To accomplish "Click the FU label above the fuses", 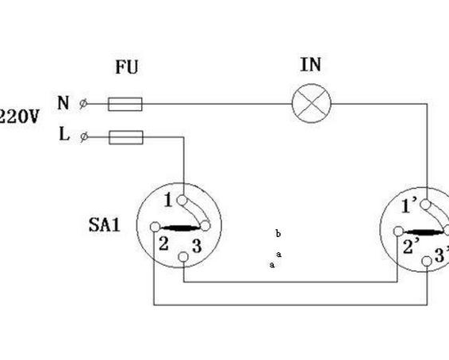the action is pyautogui.click(x=127, y=67).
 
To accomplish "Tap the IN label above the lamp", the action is pyautogui.click(x=311, y=65).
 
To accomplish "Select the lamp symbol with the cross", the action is pyautogui.click(x=312, y=103).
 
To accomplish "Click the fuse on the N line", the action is pyautogui.click(x=125, y=104).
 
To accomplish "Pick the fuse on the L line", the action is pyautogui.click(x=126, y=137).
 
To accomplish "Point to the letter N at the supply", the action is pyautogui.click(x=63, y=103).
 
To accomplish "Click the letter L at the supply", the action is pyautogui.click(x=64, y=134).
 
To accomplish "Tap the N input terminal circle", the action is pyautogui.click(x=83, y=104).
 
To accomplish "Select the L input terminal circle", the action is pyautogui.click(x=84, y=137).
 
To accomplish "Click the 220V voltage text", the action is pyautogui.click(x=19, y=117).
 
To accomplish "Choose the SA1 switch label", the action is pyautogui.click(x=104, y=224).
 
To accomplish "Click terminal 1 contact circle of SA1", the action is pyautogui.click(x=182, y=201).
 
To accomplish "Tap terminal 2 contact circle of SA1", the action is pyautogui.click(x=155, y=227).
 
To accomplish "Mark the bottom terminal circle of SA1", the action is pyautogui.click(x=183, y=257).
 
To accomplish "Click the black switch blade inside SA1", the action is pyautogui.click(x=180, y=228).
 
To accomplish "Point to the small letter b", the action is pyautogui.click(x=278, y=233).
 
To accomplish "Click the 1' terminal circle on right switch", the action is pyautogui.click(x=425, y=205).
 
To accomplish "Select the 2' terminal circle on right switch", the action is pyautogui.click(x=398, y=232).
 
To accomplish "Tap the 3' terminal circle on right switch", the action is pyautogui.click(x=427, y=261).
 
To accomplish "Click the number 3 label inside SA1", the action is pyautogui.click(x=197, y=246).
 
